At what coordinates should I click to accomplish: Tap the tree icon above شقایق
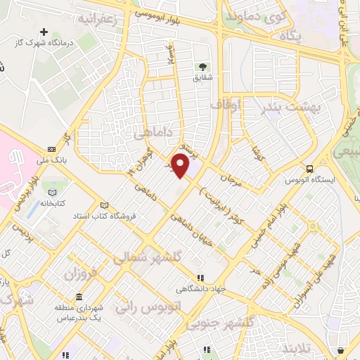(202, 67)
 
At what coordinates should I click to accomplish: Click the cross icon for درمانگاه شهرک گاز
(44, 32)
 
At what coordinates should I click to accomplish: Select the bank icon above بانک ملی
(52, 149)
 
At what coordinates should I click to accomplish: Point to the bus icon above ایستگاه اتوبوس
(310, 168)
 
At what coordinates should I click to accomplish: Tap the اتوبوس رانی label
(157, 307)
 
